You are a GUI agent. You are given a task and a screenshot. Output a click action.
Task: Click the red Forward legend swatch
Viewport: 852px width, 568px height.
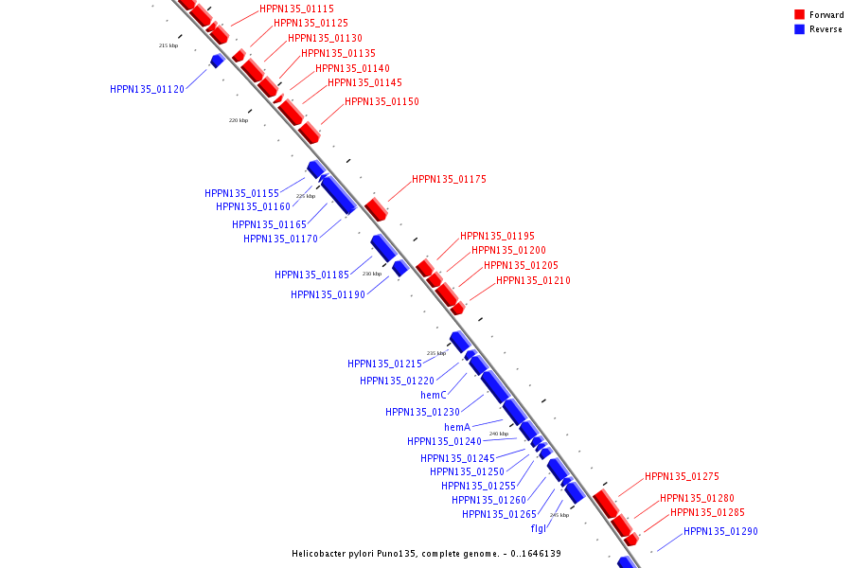[800, 14]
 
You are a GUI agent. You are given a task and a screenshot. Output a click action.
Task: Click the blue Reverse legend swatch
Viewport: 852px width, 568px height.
[800, 29]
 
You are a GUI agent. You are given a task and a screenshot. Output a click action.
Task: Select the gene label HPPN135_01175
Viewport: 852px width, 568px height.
[449, 179]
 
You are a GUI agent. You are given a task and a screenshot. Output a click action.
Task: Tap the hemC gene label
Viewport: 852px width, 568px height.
[433, 395]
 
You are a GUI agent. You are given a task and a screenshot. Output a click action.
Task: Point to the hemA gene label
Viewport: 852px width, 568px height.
[457, 427]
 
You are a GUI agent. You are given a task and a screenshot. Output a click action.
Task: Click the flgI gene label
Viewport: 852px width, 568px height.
[538, 528]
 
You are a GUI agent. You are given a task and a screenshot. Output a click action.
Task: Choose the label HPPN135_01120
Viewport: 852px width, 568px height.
[147, 89]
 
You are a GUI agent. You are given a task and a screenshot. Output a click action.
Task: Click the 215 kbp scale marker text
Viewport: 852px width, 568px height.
[168, 45]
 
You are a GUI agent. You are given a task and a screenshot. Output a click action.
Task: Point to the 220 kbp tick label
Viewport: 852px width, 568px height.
[239, 120]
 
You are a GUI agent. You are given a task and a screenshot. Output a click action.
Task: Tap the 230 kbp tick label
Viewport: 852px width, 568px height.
[371, 274]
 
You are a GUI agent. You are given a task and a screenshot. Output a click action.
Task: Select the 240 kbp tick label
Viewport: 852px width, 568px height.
[499, 434]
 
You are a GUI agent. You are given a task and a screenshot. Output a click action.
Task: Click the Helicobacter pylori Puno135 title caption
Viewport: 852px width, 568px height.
[426, 553]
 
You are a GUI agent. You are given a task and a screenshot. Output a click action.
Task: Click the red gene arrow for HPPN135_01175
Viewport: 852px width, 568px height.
[376, 209]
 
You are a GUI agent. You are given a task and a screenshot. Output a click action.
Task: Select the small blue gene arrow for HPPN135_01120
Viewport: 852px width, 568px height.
[217, 61]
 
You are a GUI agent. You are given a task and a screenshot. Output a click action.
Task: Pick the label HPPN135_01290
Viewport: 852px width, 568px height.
[720, 531]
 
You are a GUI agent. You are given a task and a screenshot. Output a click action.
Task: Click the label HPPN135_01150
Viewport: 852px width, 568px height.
[382, 101]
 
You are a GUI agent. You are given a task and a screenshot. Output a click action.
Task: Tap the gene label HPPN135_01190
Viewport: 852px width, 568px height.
[328, 294]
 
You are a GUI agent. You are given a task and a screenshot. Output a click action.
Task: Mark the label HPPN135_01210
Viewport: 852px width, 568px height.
[533, 280]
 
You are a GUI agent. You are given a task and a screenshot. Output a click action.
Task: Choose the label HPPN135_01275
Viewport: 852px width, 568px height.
[682, 477]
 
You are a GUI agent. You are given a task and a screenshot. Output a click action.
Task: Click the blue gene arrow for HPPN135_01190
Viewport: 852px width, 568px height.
[399, 268]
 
